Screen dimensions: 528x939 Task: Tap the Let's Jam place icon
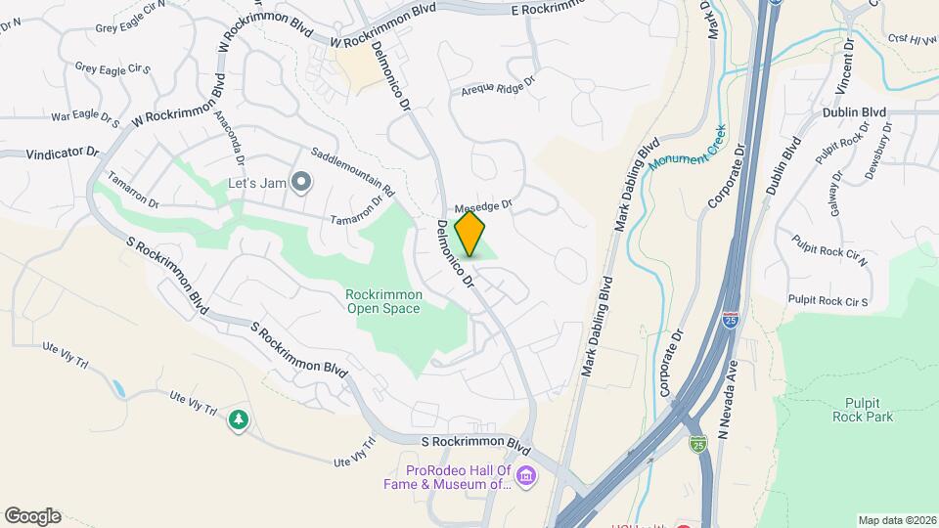coord(302,182)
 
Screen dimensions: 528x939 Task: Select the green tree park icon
coord(238,420)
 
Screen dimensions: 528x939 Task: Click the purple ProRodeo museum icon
coord(527,476)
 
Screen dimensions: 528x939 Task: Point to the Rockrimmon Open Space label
coord(382,301)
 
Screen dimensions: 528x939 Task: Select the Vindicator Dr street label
coord(50,153)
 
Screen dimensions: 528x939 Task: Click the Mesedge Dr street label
coord(483,206)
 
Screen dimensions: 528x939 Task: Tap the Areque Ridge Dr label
coord(499,87)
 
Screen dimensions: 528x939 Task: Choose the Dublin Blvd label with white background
coord(854,112)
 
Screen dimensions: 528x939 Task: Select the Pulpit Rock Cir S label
coord(829,301)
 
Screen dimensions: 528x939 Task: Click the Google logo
coord(32,516)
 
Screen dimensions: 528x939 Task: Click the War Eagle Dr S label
coord(85,119)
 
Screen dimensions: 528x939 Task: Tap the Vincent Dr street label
coord(846,66)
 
